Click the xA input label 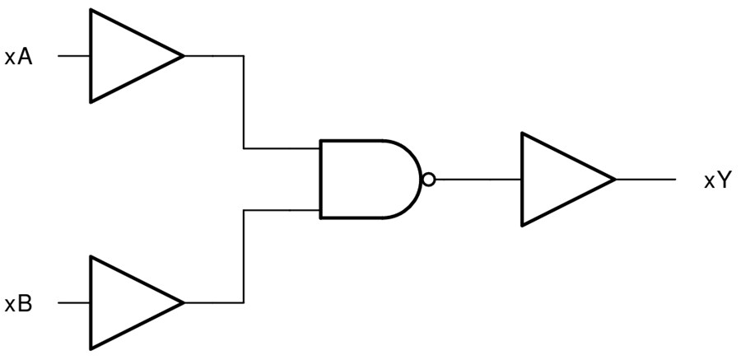[x=19, y=58]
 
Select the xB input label [x=19, y=304]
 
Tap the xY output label [x=716, y=180]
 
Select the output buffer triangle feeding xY [x=557, y=180]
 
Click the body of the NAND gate [x=362, y=180]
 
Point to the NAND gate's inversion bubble [x=427, y=180]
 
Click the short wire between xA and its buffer [x=73, y=57]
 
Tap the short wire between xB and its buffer [x=73, y=303]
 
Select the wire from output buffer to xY [x=645, y=180]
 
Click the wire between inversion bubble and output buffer [x=477, y=180]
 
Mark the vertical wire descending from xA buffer [x=244, y=103]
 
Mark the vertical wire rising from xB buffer [x=244, y=256]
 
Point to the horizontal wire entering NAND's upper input [x=282, y=149]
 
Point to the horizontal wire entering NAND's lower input [x=282, y=210]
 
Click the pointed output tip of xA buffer [x=181, y=57]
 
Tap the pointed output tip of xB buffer [x=181, y=303]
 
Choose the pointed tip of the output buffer [x=613, y=180]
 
